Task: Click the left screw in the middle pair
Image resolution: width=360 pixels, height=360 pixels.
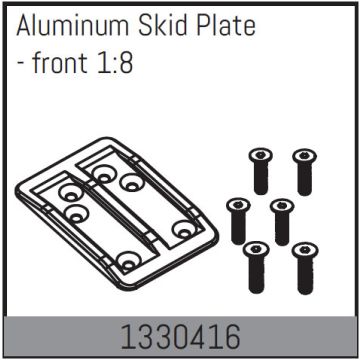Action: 238,217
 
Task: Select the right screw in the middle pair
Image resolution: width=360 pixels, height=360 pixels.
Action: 281,217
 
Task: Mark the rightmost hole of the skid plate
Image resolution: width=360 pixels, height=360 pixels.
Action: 181,230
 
